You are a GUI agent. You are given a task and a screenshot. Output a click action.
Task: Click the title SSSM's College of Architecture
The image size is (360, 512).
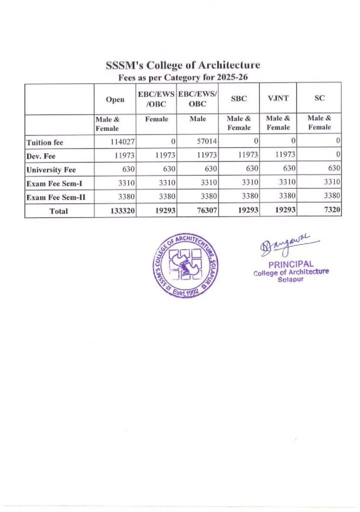(x=183, y=65)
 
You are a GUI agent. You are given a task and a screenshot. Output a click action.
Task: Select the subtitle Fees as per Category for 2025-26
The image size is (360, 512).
(x=183, y=77)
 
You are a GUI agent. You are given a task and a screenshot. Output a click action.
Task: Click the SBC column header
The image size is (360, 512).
(x=238, y=99)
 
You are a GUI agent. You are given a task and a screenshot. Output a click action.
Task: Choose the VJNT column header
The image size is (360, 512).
(x=278, y=99)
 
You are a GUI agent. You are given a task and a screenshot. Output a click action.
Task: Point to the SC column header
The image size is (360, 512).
(x=319, y=99)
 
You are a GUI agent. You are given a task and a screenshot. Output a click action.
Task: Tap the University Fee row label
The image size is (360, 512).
(x=50, y=170)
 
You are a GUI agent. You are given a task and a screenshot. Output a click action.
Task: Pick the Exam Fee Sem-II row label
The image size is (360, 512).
(x=55, y=197)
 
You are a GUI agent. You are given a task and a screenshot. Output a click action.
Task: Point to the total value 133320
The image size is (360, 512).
(x=122, y=211)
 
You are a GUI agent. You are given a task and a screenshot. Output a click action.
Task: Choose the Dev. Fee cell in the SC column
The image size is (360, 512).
(x=338, y=156)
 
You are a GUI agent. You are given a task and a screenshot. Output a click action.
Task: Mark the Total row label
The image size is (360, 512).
(x=59, y=211)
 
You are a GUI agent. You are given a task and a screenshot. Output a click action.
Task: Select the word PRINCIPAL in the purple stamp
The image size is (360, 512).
(x=291, y=264)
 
